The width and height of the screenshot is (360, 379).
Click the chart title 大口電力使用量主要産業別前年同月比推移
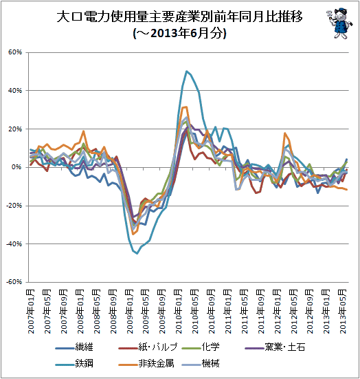[179, 17]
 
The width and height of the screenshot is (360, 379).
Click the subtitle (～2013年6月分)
[179, 33]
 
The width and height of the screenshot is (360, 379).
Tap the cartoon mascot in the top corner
[339, 23]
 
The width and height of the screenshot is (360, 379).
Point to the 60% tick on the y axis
[15, 52]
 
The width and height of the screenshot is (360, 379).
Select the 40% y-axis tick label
[15, 91]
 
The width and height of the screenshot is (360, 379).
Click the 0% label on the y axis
[17, 167]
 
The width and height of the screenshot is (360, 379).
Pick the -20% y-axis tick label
[14, 206]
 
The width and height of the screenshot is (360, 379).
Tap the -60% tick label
[14, 282]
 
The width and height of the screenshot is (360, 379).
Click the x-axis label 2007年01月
[31, 312]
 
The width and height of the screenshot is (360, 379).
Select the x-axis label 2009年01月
[130, 312]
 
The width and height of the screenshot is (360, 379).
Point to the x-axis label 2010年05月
[195, 312]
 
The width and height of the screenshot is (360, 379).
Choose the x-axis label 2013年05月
[343, 312]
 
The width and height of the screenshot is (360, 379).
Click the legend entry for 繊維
[74, 347]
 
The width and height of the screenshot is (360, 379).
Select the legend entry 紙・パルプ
[148, 347]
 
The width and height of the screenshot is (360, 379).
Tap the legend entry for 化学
[201, 347]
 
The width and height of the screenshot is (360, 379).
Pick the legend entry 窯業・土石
[275, 347]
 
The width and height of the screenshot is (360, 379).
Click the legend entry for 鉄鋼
[74, 363]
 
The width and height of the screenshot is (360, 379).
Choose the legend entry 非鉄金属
[146, 363]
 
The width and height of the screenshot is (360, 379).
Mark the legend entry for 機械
[201, 363]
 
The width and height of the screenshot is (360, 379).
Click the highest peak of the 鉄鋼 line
[186, 71]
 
